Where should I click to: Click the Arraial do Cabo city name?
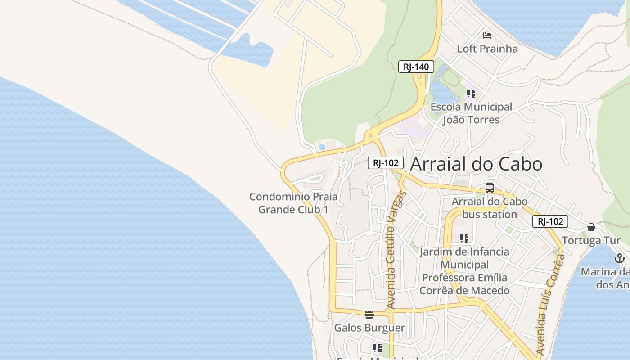point(476,164)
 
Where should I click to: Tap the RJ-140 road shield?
point(416,67)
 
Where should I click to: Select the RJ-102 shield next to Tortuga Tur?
point(550,221)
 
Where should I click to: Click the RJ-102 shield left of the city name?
point(386,163)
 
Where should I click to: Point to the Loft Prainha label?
point(487,49)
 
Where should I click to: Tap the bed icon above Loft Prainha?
point(487,35)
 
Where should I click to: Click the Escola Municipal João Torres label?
point(471,113)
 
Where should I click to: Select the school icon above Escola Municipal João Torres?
point(471,94)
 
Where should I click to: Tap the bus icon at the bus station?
point(490,188)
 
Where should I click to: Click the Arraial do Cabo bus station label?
point(490,208)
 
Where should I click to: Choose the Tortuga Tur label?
point(591,240)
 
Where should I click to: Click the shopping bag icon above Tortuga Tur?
point(591,227)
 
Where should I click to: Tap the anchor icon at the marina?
point(620,258)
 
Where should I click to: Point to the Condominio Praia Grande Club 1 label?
point(293,203)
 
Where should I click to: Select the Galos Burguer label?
point(369,328)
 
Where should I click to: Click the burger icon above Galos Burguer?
point(369,314)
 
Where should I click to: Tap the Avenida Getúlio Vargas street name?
point(395,250)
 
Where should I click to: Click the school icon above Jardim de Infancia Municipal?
point(464,238)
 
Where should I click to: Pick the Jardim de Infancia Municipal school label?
point(464,271)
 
